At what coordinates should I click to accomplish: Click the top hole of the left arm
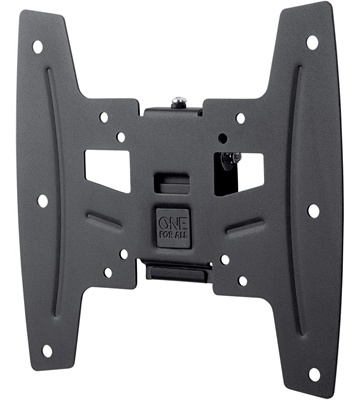click(37, 46)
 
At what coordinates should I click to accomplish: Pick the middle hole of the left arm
click(42, 201)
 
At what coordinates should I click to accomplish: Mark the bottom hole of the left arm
click(46, 349)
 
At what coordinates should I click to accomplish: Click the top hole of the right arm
click(312, 42)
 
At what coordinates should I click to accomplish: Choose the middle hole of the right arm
click(312, 210)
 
